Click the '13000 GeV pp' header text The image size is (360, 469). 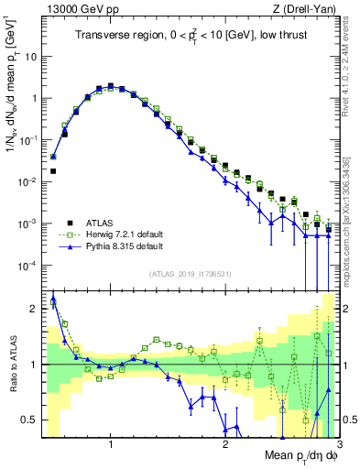click(x=78, y=8)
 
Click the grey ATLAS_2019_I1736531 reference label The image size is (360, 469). click(x=189, y=274)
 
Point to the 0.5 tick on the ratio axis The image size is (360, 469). click(x=30, y=420)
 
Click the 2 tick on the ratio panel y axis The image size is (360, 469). click(x=34, y=309)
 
